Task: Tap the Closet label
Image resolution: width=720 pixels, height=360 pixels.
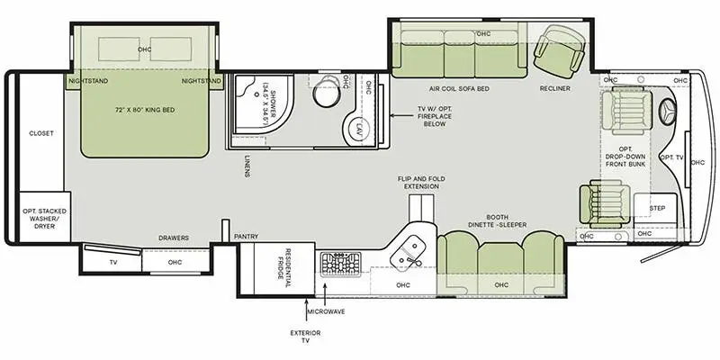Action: tap(41, 133)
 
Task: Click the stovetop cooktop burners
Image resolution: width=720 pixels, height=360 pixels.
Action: tap(339, 265)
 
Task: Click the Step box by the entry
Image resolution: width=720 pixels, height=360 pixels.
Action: tap(643, 207)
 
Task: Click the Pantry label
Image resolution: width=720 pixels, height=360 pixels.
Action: tap(246, 238)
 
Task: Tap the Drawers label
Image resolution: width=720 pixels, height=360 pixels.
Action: tap(174, 238)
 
